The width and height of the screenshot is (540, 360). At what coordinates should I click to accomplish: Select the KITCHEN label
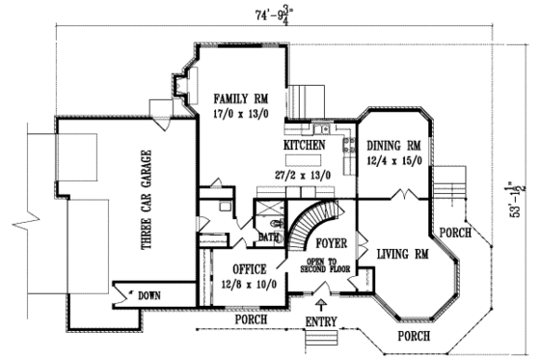coord(303,145)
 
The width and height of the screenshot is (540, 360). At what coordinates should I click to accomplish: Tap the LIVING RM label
coord(402,254)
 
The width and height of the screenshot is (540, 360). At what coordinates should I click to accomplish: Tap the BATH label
coord(268,236)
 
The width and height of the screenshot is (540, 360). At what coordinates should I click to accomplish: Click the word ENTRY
coord(322,319)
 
